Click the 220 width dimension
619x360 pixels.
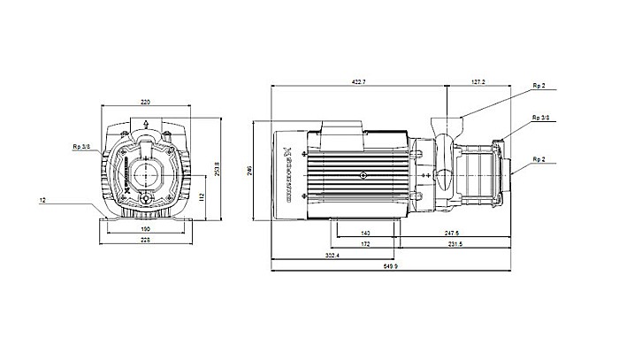(x=145, y=103)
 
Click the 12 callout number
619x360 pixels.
(x=42, y=201)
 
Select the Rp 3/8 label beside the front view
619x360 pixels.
(x=80, y=147)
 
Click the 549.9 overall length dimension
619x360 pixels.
(x=391, y=266)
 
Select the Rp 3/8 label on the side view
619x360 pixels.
(x=539, y=117)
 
